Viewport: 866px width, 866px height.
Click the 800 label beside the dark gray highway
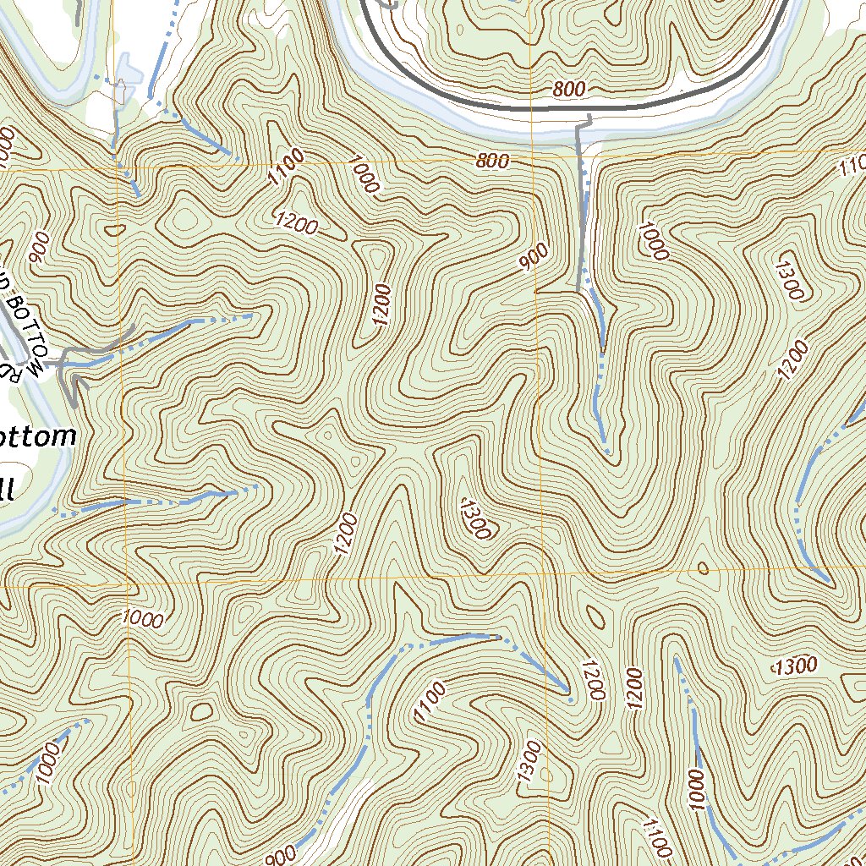(x=570, y=89)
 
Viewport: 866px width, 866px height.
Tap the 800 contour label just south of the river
(x=492, y=161)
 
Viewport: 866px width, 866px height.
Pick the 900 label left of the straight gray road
(x=535, y=257)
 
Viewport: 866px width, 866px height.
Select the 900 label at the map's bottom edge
(x=281, y=857)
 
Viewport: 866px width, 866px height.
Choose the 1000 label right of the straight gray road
(x=654, y=240)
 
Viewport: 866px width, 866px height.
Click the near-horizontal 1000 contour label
(x=141, y=618)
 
